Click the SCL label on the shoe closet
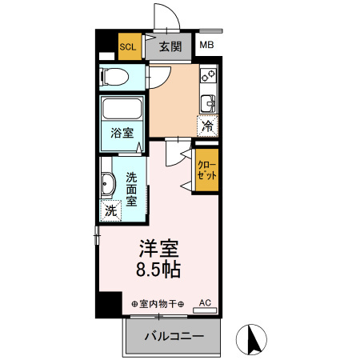click(128, 47)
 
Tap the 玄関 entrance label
click(170, 46)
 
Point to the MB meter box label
click(206, 45)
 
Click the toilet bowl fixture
click(114, 77)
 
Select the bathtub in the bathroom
click(122, 109)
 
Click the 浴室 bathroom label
click(122, 133)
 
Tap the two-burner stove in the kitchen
click(209, 74)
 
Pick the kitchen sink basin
click(208, 103)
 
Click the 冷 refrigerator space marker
click(207, 126)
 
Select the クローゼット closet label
click(206, 170)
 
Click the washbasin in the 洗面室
click(108, 184)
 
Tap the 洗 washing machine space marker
click(110, 210)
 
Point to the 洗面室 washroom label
click(131, 190)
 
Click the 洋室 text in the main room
click(158, 249)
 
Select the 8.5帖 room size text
click(158, 270)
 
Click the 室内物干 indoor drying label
click(158, 304)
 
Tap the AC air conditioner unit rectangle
click(205, 310)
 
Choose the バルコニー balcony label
click(174, 336)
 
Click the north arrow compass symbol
click(251, 339)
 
